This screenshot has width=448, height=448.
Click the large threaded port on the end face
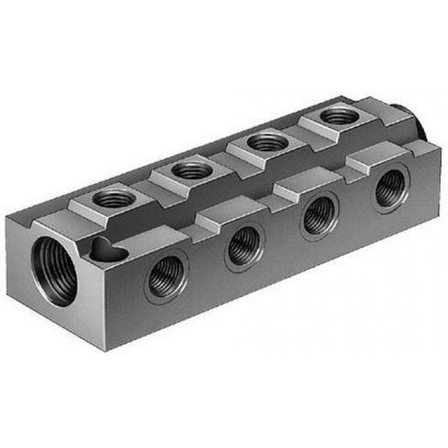(54, 271)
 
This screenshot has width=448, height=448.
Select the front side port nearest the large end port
(165, 277)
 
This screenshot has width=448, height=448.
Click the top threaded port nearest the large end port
(113, 198)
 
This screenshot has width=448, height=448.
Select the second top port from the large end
(191, 170)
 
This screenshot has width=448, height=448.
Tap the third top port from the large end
(266, 141)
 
